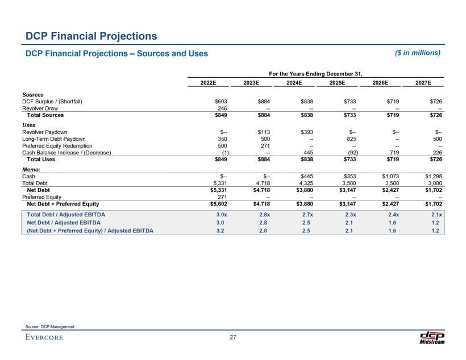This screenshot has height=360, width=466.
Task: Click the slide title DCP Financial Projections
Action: [x=91, y=36]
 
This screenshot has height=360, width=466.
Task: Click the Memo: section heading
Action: [x=32, y=169]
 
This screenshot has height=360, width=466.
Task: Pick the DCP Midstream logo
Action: [x=432, y=337]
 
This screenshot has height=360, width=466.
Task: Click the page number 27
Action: [x=232, y=338]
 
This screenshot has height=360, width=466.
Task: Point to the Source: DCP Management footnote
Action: [x=50, y=325]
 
